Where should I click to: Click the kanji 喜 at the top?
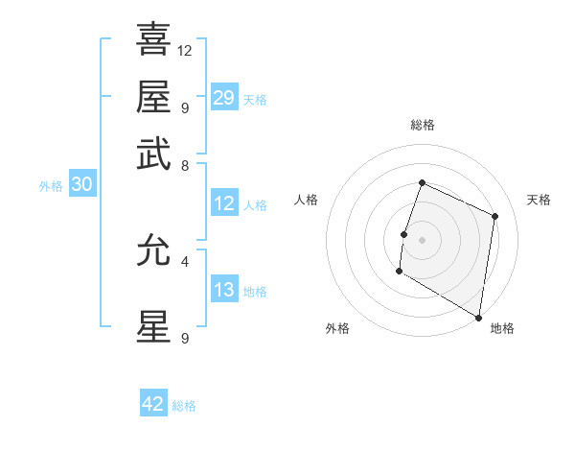point(153,39)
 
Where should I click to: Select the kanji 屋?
point(153,96)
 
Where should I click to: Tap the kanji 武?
point(153,154)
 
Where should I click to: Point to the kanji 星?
point(153,326)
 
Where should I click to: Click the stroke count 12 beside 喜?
point(185,50)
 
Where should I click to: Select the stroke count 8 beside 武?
point(184,165)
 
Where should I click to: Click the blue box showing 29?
point(224,98)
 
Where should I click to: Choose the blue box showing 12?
point(224,203)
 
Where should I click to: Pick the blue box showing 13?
point(224,291)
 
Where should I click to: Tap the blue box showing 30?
point(81,185)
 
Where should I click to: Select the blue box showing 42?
point(153,404)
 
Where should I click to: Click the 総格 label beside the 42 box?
point(184,406)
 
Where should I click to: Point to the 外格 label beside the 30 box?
point(51,186)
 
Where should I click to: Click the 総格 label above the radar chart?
point(422,125)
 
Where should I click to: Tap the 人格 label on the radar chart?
point(307,200)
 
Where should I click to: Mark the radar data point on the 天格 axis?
point(495,216)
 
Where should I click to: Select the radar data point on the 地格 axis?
point(479,317)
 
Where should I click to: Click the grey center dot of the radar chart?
point(422,239)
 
